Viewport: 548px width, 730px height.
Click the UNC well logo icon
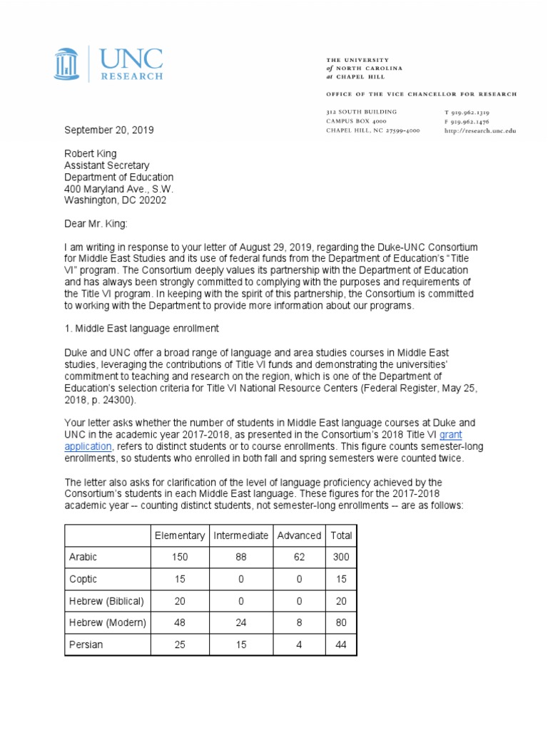(x=68, y=63)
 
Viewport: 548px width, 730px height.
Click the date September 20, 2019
(x=109, y=130)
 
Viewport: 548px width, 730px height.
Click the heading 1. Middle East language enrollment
(x=141, y=329)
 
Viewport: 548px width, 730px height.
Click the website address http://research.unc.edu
(x=480, y=131)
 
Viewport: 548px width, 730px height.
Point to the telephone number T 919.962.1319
(x=467, y=113)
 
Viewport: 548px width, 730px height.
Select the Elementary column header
(x=179, y=535)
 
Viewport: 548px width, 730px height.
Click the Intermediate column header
(x=240, y=535)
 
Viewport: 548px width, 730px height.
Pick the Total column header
(x=340, y=535)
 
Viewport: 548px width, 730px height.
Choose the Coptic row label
(x=84, y=579)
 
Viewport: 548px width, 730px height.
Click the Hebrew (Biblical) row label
(x=106, y=601)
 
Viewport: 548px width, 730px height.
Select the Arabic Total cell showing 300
(x=340, y=557)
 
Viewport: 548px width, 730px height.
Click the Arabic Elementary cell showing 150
(x=179, y=557)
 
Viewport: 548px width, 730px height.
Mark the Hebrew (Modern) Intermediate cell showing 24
(x=240, y=623)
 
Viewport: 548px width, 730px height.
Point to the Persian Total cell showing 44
(x=340, y=645)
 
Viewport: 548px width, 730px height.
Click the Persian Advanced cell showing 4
(x=300, y=645)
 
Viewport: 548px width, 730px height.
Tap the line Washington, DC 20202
(x=116, y=200)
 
